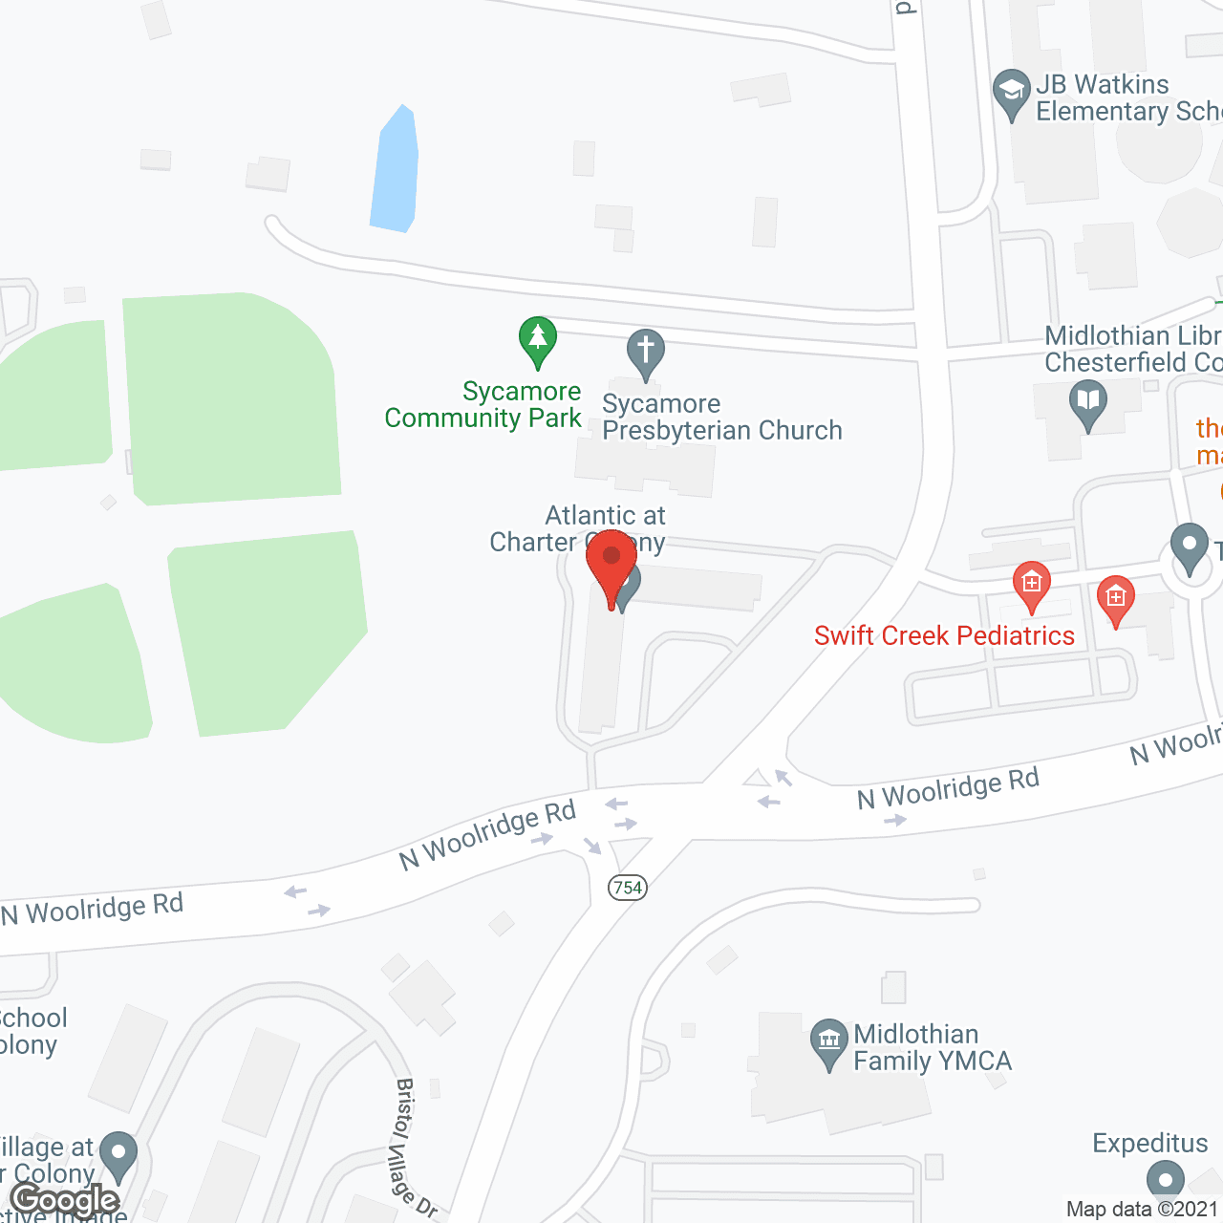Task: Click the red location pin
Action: coord(611,564)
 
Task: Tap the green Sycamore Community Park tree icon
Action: coord(538,339)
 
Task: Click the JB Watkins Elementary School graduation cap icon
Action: coord(1011,93)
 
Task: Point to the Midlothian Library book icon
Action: coord(1087,402)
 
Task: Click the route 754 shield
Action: coord(628,888)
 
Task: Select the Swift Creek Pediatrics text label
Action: coord(944,635)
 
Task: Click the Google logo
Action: coord(65,1200)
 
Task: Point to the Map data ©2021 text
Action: coord(1143,1210)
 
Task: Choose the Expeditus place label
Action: coord(1149,1143)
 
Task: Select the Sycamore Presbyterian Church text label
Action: coord(721,418)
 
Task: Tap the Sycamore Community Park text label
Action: coord(483,405)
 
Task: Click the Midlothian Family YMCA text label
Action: coord(932,1047)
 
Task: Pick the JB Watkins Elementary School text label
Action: coord(1127,97)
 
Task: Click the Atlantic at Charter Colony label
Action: coord(578,528)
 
